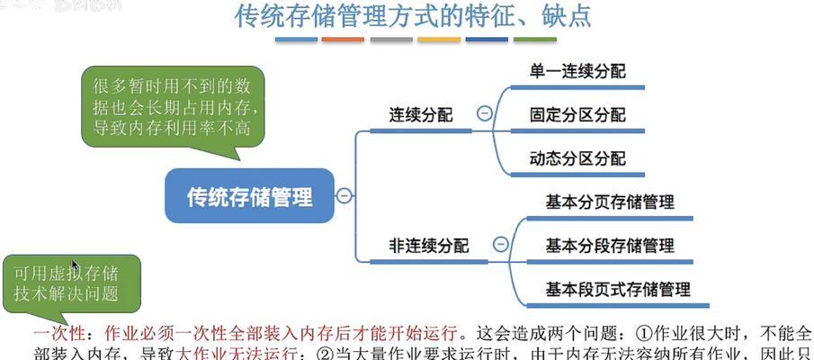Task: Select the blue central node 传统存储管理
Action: pyautogui.click(x=249, y=196)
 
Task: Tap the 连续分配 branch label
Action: pyautogui.click(x=420, y=115)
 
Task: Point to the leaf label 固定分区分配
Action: pyautogui.click(x=577, y=115)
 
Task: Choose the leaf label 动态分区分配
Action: pyautogui.click(x=577, y=158)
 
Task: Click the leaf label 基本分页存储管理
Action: pyautogui.click(x=609, y=202)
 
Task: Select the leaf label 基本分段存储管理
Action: pyautogui.click(x=609, y=245)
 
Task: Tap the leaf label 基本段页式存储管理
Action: pyautogui.click(x=618, y=289)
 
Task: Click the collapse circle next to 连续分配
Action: pyautogui.click(x=485, y=114)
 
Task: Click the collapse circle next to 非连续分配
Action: pyautogui.click(x=501, y=244)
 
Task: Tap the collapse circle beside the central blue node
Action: pyautogui.click(x=344, y=195)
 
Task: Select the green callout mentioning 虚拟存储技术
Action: pyautogui.click(x=66, y=283)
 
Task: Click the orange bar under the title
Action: pyautogui.click(x=342, y=40)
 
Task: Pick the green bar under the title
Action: pyautogui.click(x=535, y=40)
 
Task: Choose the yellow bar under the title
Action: pyautogui.click(x=439, y=40)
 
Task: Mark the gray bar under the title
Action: pyautogui.click(x=390, y=40)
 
